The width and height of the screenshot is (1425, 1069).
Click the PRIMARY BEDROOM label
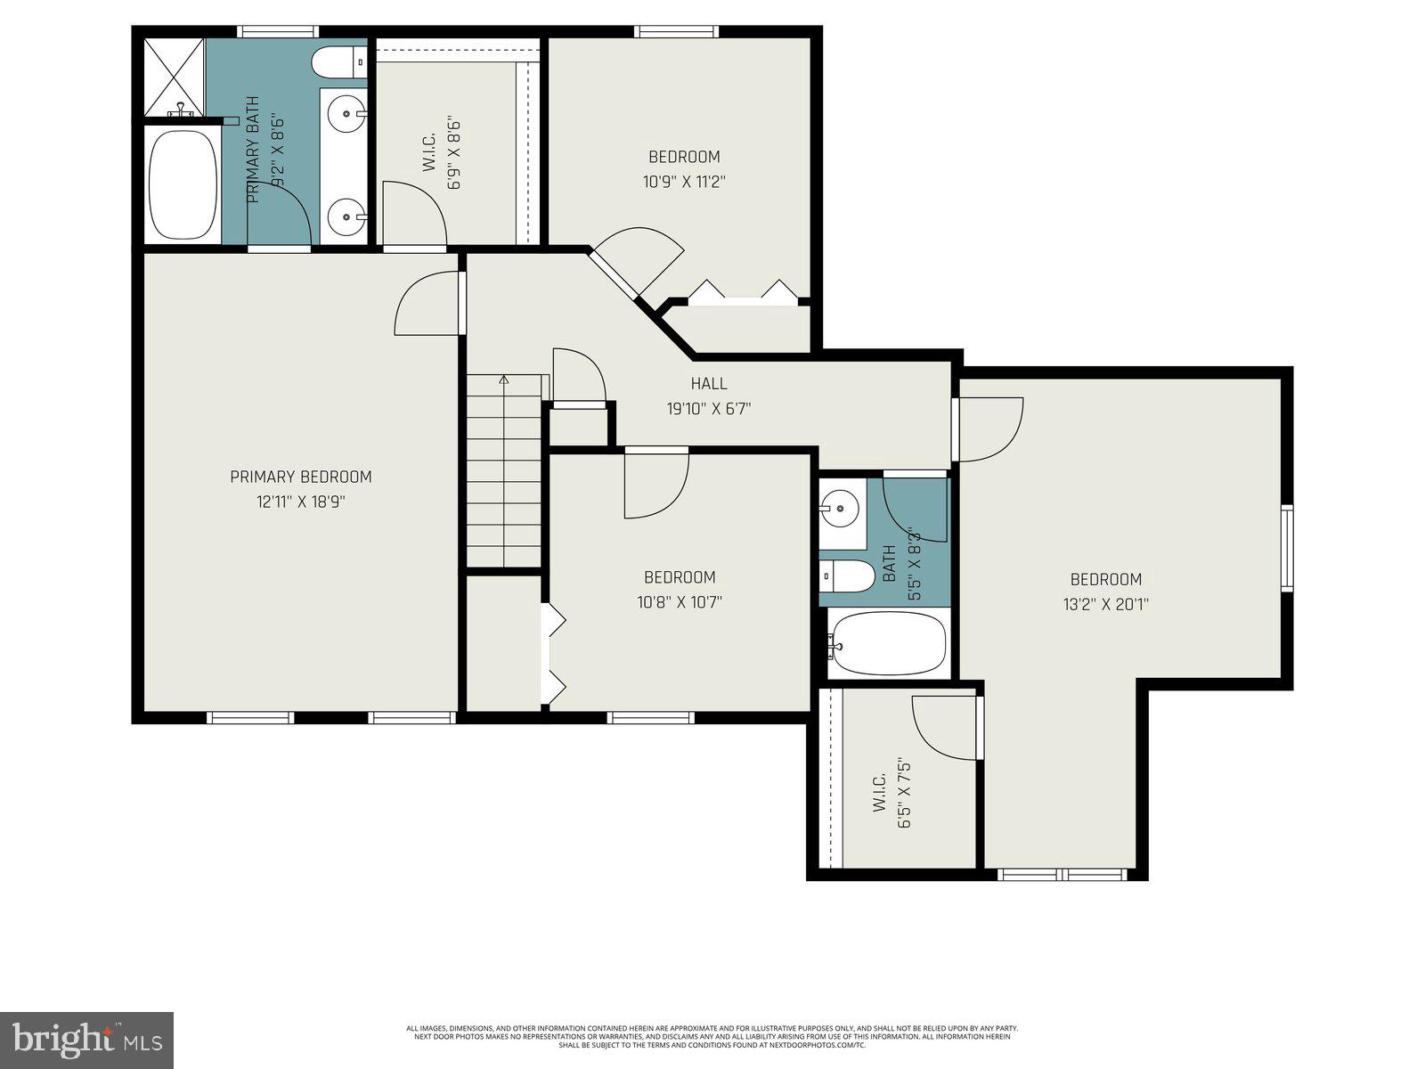(x=300, y=477)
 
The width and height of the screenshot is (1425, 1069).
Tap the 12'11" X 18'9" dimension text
(x=300, y=502)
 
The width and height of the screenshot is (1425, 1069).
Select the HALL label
(x=709, y=384)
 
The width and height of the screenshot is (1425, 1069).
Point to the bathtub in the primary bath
(x=183, y=185)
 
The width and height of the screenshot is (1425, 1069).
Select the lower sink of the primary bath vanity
(x=346, y=215)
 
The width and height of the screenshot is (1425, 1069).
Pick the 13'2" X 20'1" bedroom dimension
(x=1105, y=604)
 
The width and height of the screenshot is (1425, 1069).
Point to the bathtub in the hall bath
(x=888, y=643)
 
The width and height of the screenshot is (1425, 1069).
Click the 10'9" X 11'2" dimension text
(x=684, y=182)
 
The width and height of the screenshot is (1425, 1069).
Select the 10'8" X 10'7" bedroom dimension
(x=680, y=602)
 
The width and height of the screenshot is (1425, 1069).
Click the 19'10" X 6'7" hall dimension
(x=709, y=409)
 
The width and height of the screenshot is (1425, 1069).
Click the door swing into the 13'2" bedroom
(x=989, y=429)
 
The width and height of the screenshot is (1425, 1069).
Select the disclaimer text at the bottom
(x=712, y=1036)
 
